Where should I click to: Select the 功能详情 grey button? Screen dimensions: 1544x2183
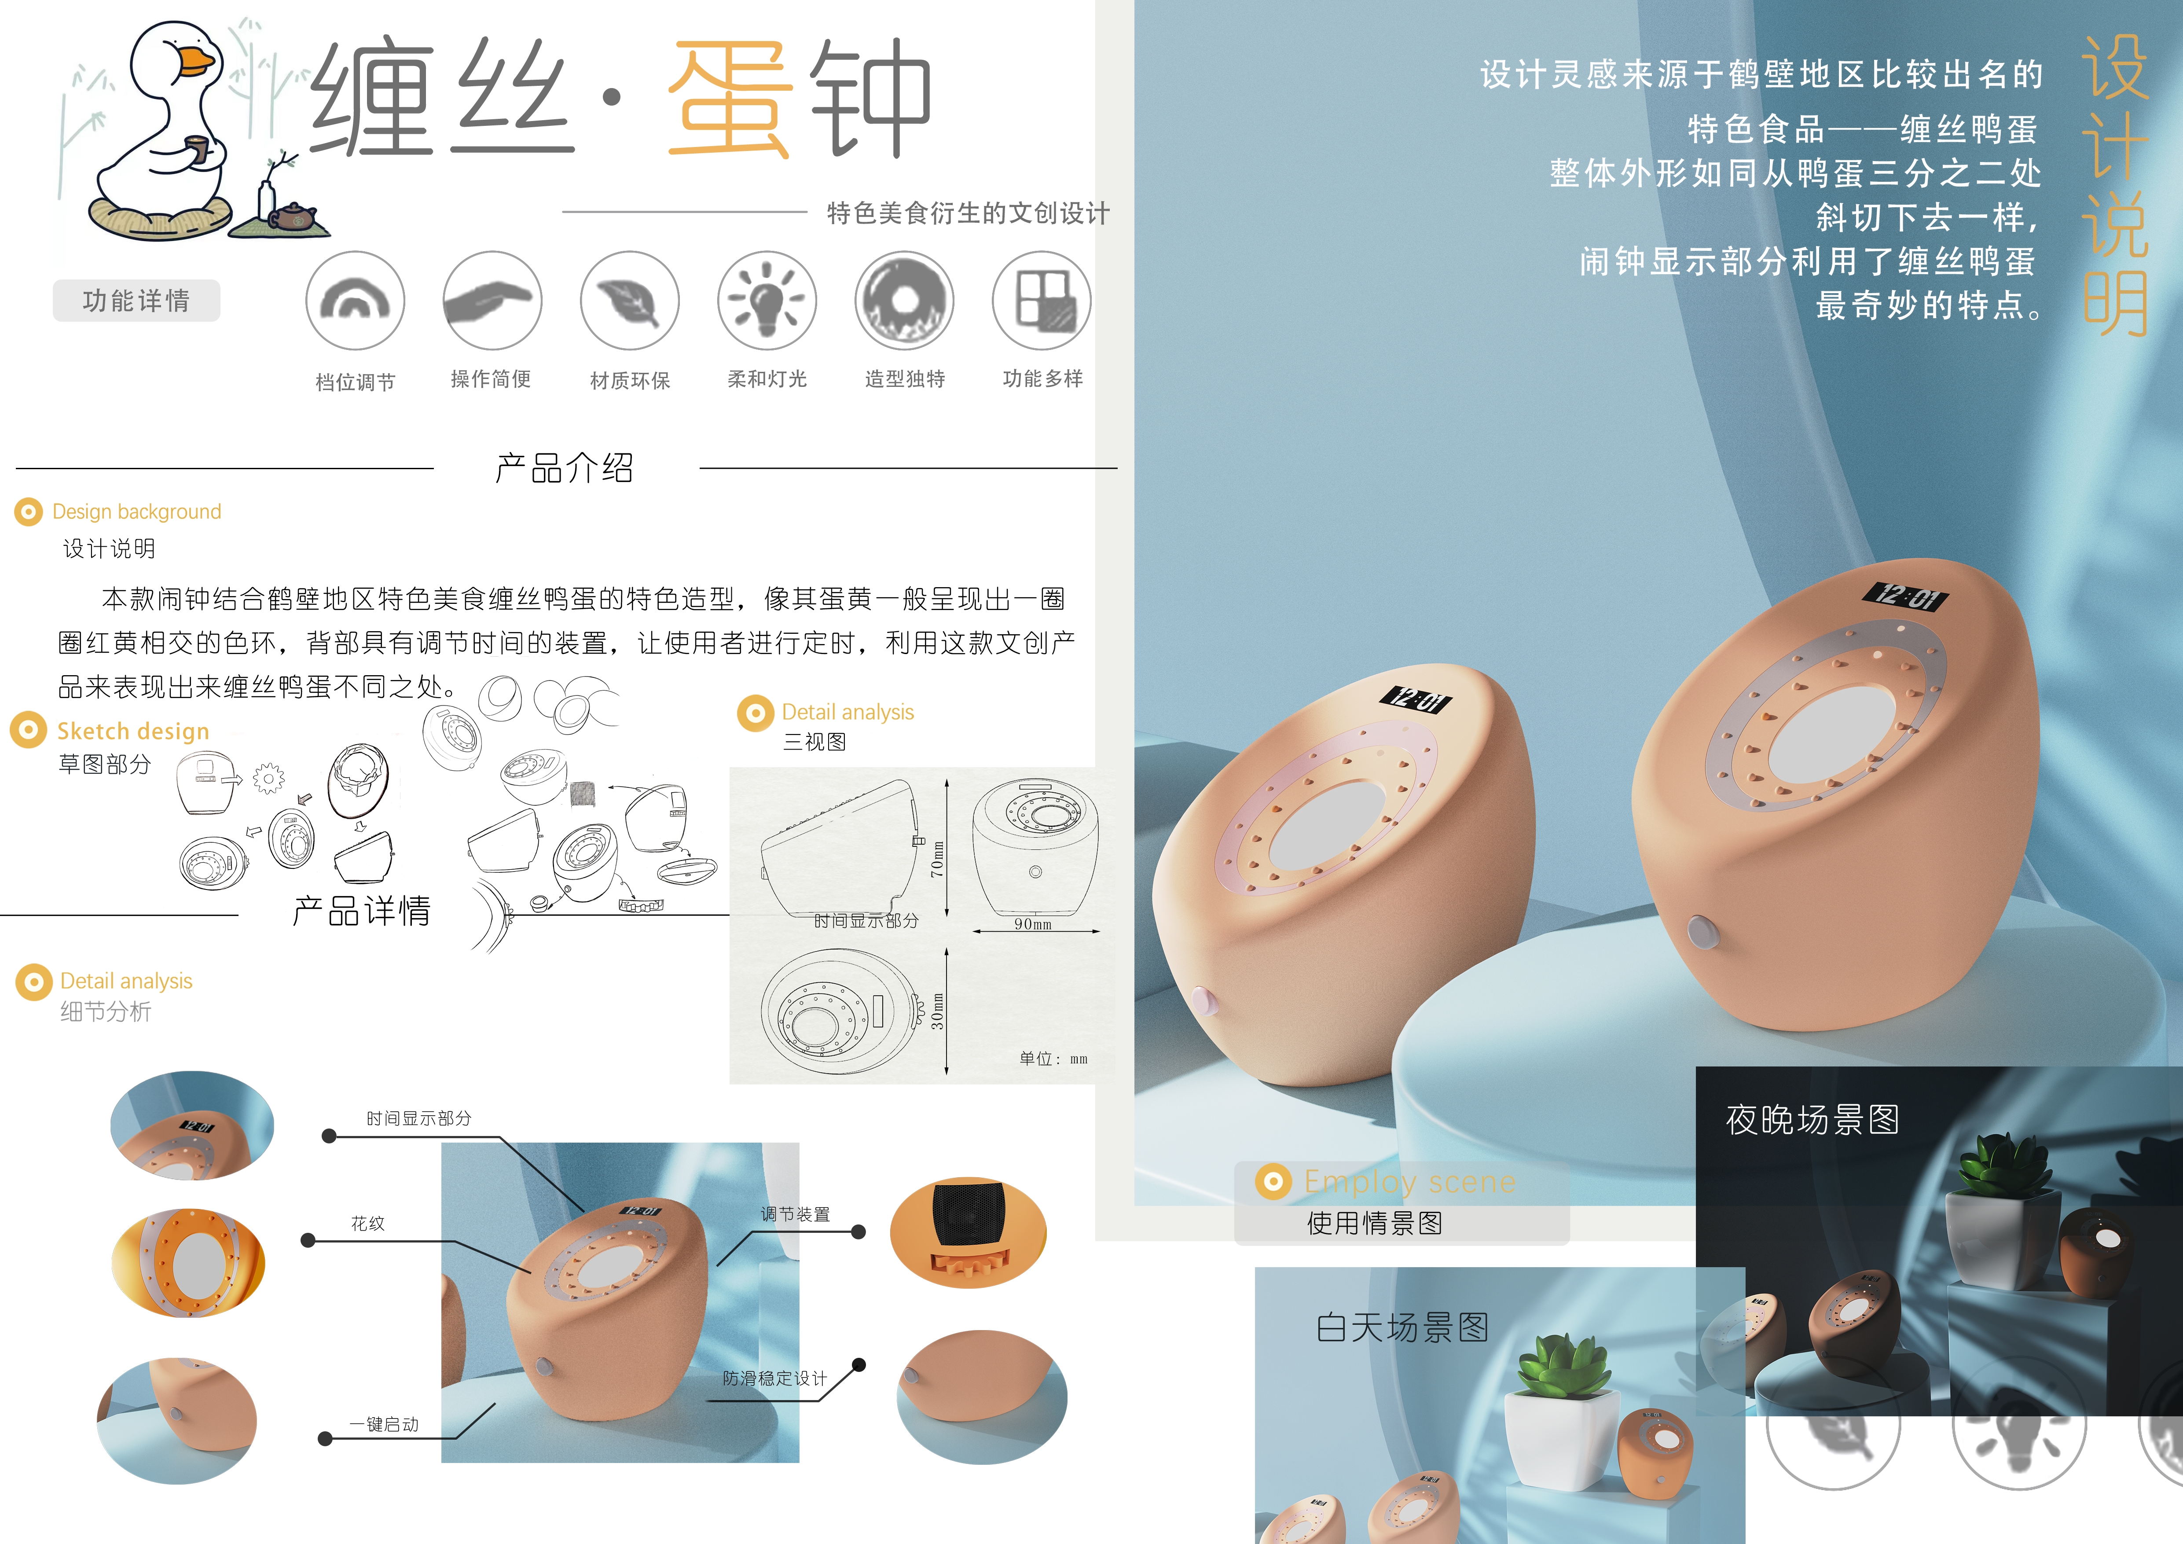tap(136, 301)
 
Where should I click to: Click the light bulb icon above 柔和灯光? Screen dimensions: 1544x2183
tap(767, 301)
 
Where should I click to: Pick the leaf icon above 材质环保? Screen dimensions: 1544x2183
tap(629, 301)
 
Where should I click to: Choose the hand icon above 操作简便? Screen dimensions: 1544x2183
tap(492, 301)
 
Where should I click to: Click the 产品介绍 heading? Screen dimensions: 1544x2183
tap(565, 468)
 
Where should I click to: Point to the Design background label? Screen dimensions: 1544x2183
tap(136, 511)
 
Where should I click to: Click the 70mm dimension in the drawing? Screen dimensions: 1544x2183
tap(937, 859)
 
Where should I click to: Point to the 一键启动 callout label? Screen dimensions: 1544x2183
tap(384, 1424)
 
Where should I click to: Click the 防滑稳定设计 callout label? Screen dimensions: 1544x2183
tap(775, 1379)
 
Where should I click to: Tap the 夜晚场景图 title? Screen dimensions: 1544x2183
tap(1812, 1120)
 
